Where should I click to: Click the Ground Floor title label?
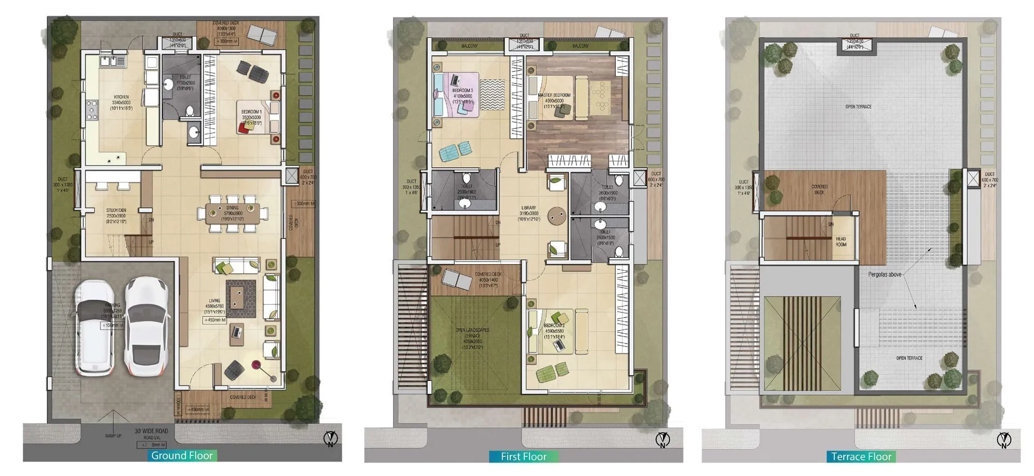[x=182, y=455]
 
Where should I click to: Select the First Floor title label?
[x=523, y=456]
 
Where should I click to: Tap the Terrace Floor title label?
[x=861, y=456]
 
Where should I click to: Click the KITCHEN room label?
[x=121, y=97]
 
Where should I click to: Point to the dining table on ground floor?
[x=233, y=213]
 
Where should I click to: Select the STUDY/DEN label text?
[x=116, y=211]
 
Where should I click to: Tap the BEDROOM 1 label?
[x=252, y=112]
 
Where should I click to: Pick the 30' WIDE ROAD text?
[x=151, y=431]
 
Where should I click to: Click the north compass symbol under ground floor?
[x=330, y=440]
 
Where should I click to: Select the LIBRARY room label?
[x=529, y=208]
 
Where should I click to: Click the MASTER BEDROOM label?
[x=554, y=96]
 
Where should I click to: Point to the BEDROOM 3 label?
[x=463, y=91]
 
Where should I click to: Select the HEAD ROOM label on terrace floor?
[x=841, y=241]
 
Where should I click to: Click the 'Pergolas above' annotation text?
[x=885, y=274]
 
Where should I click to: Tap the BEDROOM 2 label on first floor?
[x=554, y=326]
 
